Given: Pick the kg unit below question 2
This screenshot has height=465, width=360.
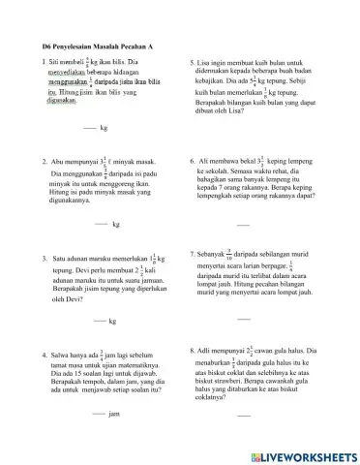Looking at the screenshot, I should [x=116, y=224].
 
